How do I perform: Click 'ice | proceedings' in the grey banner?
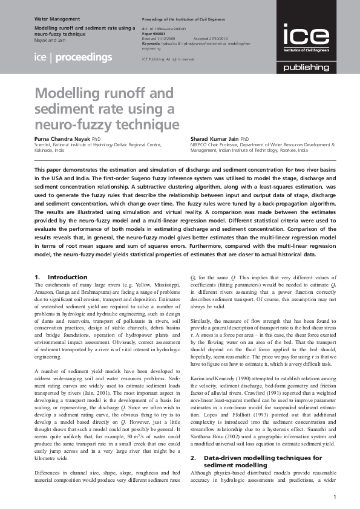pos(73,57)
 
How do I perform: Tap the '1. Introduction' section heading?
pos(53,277)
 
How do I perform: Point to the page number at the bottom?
pos(335,496)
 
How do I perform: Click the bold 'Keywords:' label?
pos(151,44)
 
